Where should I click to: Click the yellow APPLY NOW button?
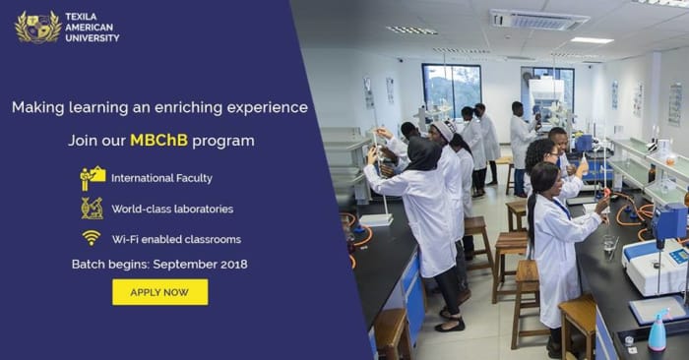tap(159, 292)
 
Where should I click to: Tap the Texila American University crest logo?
tap(38, 27)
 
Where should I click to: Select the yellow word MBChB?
tap(159, 141)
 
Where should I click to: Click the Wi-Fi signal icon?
tap(91, 238)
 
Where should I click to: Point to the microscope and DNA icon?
tap(92, 209)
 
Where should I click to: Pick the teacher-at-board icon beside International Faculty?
tap(93, 178)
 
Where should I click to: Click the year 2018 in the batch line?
tap(234, 265)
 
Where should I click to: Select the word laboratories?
tap(205, 209)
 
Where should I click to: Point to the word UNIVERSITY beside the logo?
tap(93, 38)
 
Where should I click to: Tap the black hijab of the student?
tap(423, 152)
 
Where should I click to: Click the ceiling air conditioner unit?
tap(538, 20)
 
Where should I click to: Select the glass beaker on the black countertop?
tap(609, 243)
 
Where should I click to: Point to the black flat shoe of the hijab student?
tap(450, 326)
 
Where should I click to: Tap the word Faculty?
tap(194, 178)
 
